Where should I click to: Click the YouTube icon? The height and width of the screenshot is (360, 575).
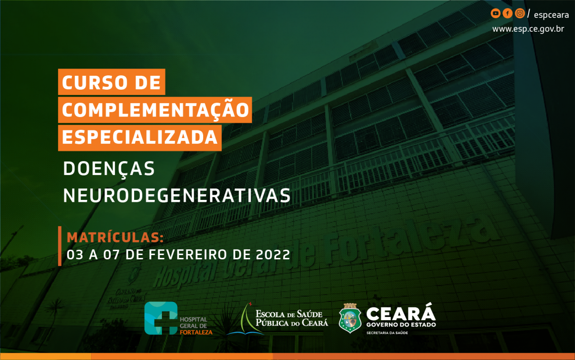pos(495,13)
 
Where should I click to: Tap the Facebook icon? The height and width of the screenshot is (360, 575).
pos(507,13)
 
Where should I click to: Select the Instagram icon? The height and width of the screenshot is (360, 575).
pos(520,13)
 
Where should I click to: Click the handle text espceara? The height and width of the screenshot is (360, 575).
pos(551,15)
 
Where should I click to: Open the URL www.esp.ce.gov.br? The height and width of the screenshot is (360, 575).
pos(528,29)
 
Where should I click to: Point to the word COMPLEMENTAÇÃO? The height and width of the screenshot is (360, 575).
pos(155,110)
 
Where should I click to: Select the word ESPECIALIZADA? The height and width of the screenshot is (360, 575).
pos(140,137)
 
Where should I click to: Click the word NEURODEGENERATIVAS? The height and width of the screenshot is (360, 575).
pos(177,196)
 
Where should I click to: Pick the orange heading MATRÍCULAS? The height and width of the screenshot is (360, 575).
pos(115,237)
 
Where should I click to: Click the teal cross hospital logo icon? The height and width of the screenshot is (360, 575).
pos(161,318)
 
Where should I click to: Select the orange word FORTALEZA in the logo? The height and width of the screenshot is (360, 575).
pos(196,332)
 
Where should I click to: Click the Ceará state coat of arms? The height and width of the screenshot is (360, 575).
pos(350,318)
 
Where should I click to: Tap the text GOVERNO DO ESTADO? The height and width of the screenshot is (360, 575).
pos(401,325)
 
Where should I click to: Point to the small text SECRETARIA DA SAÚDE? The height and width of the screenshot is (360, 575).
pos(387,333)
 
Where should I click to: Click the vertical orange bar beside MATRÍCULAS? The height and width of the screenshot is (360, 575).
pos(60,246)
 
